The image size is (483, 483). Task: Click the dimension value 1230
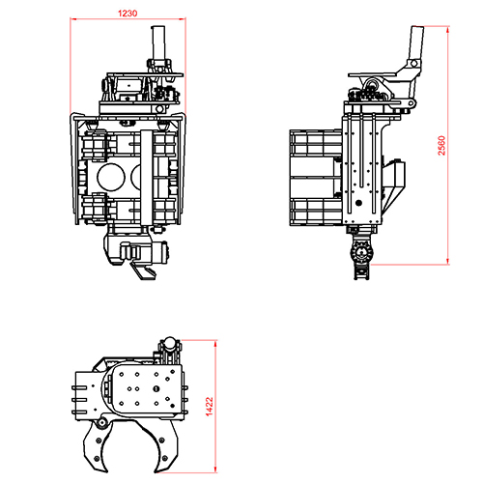[128, 14]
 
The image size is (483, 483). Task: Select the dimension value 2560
[441, 145]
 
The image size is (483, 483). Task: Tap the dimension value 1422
[210, 407]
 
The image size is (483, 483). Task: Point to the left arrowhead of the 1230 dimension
[73, 19]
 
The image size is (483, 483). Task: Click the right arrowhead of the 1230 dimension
[183, 19]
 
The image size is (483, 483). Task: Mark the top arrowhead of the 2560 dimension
[448, 30]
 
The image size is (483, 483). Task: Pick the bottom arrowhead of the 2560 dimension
[448, 261]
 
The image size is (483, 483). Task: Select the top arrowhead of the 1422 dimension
[215, 344]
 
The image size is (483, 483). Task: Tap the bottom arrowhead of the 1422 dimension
[215, 469]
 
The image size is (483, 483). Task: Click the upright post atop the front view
[158, 43]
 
